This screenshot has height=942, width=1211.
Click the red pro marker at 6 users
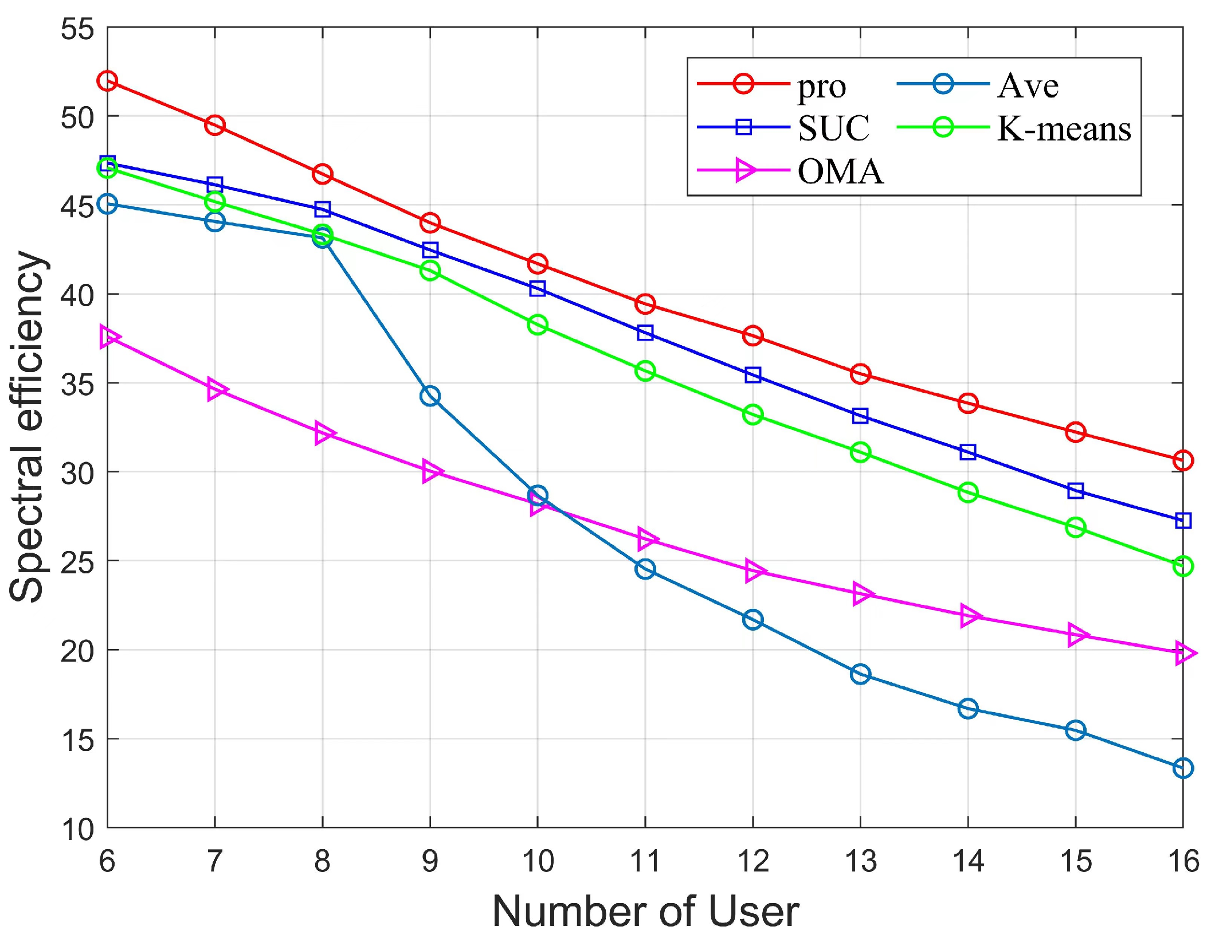[107, 81]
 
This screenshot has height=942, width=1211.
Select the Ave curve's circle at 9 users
[430, 396]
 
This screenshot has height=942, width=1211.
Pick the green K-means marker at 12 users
[753, 415]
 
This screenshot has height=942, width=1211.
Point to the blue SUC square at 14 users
[968, 452]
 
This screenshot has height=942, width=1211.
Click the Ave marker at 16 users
[1183, 768]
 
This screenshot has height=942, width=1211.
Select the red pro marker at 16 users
[1183, 460]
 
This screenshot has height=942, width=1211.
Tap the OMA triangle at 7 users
[215, 390]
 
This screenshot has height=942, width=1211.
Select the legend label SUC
[834, 128]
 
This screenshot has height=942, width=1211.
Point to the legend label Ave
[1028, 86]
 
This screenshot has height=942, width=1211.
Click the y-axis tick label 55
[77, 29]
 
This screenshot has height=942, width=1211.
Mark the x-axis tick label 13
[860, 862]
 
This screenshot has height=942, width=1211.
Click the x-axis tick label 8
[322, 862]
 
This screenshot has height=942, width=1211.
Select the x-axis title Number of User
[645, 912]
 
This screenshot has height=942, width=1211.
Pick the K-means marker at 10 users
[538, 325]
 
